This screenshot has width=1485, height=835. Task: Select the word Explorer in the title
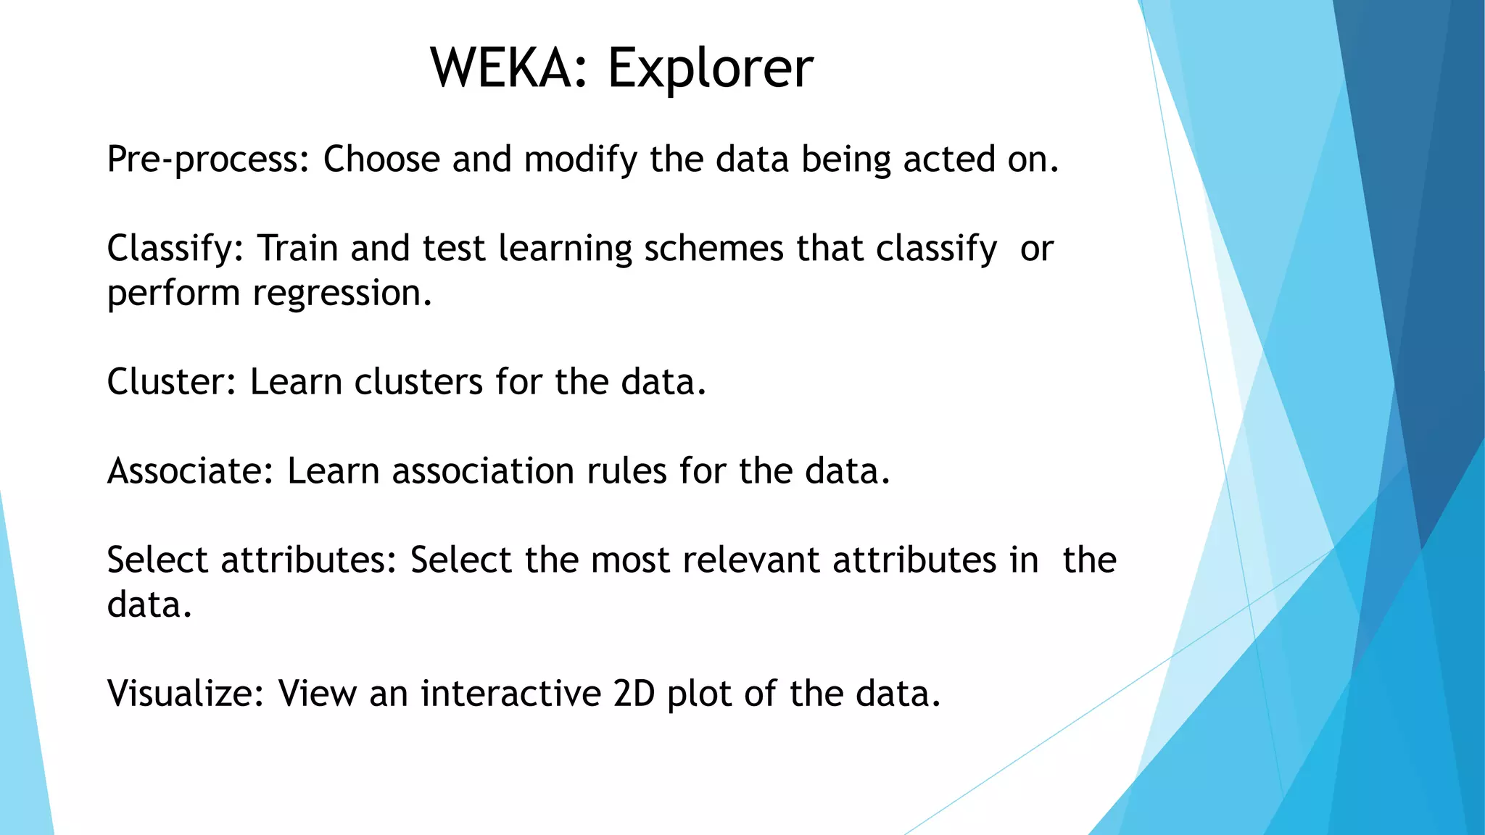click(x=710, y=68)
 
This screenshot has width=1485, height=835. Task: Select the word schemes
click(x=713, y=249)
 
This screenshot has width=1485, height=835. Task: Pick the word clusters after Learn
click(x=418, y=382)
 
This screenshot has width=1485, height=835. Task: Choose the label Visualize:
click(x=186, y=694)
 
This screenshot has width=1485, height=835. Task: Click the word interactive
click(x=510, y=694)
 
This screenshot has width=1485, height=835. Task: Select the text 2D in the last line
click(x=634, y=694)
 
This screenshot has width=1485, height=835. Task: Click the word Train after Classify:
click(x=298, y=249)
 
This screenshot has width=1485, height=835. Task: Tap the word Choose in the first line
click(x=381, y=159)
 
